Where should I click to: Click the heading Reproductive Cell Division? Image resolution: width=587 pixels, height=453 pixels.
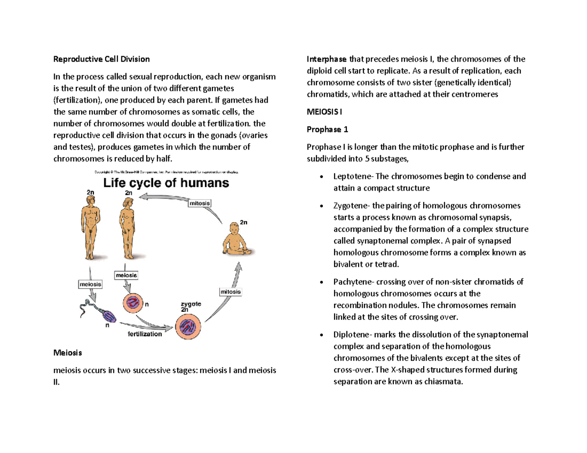click(101, 59)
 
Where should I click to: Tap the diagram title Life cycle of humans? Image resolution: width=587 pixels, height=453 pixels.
click(165, 184)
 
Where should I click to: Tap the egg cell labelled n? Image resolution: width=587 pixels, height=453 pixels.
click(134, 303)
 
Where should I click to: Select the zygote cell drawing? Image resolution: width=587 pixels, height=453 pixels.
click(188, 325)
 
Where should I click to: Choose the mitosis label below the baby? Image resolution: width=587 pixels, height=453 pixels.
click(229, 292)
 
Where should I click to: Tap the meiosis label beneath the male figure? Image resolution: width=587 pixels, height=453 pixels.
click(90, 283)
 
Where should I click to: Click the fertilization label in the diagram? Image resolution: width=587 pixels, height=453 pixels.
click(145, 334)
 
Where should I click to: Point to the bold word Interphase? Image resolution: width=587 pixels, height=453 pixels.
click(326, 59)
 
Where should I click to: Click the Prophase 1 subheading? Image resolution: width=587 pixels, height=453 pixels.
click(326, 129)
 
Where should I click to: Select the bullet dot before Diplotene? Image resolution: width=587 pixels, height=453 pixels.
click(320, 335)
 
